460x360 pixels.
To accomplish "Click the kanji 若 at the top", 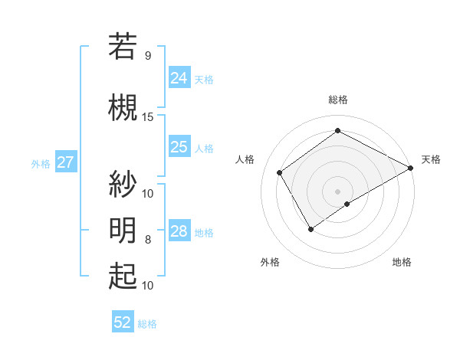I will (x=123, y=46).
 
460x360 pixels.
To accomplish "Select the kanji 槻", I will (x=123, y=107).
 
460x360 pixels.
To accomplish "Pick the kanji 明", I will (x=123, y=230).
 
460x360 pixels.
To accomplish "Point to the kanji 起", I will (x=123, y=276).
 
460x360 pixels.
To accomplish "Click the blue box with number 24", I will (x=179, y=77).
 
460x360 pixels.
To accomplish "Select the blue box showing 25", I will (x=179, y=147).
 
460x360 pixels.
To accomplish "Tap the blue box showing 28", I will (x=179, y=231).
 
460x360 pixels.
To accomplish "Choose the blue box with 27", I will (x=65, y=162).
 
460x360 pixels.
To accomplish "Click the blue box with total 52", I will (x=123, y=322).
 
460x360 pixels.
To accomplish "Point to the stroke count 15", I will (x=148, y=116).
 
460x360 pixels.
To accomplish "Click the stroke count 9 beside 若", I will (x=148, y=56).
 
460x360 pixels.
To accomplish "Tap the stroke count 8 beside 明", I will (x=148, y=240).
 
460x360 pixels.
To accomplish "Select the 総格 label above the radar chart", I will (x=337, y=100).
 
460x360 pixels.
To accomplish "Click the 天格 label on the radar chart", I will (x=431, y=159).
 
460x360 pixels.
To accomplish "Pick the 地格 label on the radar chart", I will (x=402, y=262).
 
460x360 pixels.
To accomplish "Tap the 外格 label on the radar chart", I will (x=270, y=262).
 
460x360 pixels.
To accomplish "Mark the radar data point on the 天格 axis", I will (x=411, y=167).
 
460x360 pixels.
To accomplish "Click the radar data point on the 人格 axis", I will (x=280, y=172).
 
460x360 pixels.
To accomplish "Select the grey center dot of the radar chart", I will (x=337, y=190).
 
